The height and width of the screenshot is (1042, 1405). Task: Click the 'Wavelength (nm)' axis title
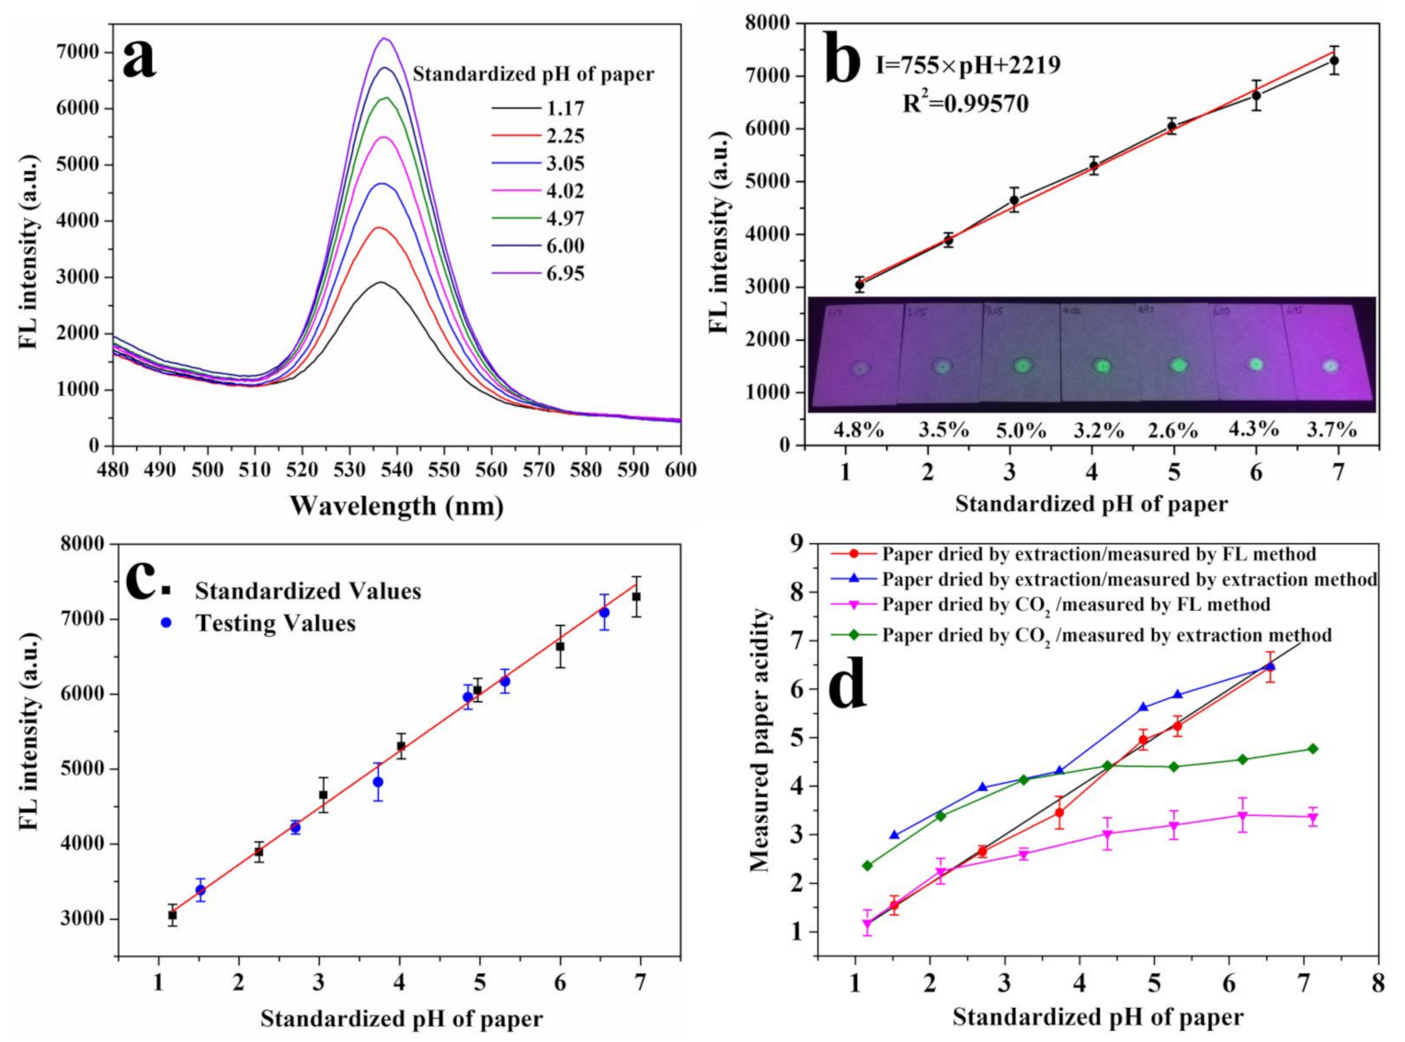click(x=396, y=505)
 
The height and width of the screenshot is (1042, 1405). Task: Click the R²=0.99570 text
click(x=965, y=103)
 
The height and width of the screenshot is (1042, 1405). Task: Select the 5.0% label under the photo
click(x=1022, y=429)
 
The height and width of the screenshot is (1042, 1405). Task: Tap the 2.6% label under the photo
click(x=1172, y=429)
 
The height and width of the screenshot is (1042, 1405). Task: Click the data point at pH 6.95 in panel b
click(x=1334, y=61)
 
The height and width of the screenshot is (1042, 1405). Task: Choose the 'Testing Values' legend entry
click(x=275, y=623)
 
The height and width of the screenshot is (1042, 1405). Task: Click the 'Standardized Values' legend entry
click(x=307, y=591)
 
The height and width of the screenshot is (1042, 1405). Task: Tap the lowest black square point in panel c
click(x=173, y=915)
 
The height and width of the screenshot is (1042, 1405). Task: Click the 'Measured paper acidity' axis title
click(x=759, y=740)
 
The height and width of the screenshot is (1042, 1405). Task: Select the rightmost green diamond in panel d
click(x=1312, y=749)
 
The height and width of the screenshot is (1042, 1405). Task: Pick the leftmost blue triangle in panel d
click(x=894, y=835)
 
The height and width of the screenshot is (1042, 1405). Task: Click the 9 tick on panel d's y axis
click(x=795, y=543)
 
